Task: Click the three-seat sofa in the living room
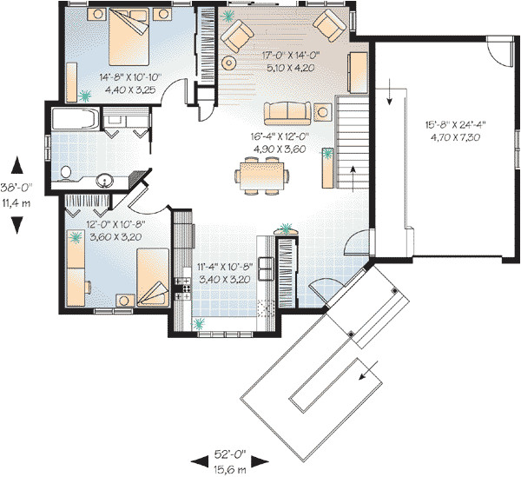tap(287, 111)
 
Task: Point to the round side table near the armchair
tap(229, 63)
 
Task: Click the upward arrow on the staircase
tap(354, 174)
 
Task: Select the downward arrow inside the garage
tap(390, 91)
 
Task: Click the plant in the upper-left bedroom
tap(84, 95)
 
